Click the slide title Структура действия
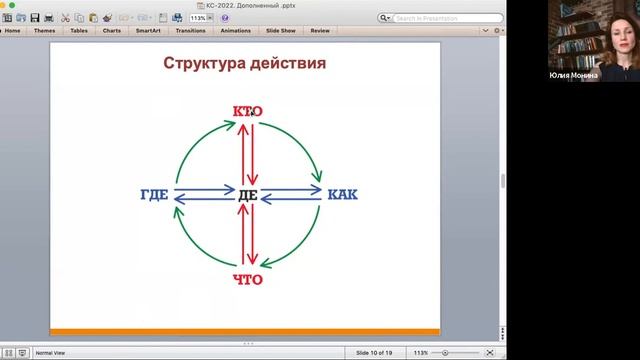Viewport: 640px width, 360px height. click(x=244, y=64)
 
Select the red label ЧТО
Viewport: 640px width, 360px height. click(x=246, y=279)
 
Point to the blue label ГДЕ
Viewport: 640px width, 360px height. click(x=155, y=194)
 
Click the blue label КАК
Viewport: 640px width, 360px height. click(x=342, y=194)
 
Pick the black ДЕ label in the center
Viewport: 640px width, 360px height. click(x=247, y=194)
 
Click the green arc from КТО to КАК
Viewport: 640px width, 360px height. click(x=300, y=135)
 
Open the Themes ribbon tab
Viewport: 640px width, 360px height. click(x=44, y=30)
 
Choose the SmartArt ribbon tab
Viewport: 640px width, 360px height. click(x=148, y=30)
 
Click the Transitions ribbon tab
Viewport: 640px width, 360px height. click(x=190, y=30)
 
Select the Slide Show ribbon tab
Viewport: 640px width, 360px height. click(x=281, y=30)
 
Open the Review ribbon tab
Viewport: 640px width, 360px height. click(x=320, y=30)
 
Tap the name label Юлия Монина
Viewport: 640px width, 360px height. click(x=574, y=75)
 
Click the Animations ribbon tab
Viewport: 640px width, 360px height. click(x=236, y=30)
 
